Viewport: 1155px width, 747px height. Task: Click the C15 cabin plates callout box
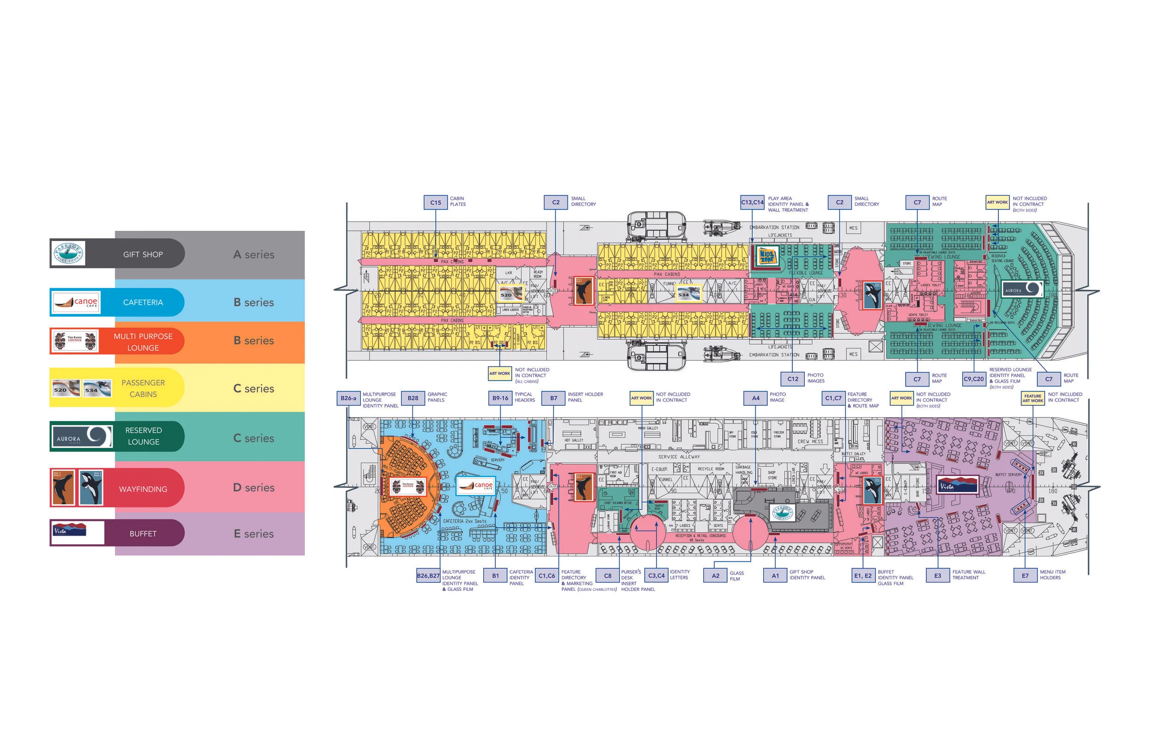pos(435,202)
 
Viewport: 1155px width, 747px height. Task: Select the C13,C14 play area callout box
pos(752,202)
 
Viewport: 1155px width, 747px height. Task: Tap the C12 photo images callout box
pos(792,379)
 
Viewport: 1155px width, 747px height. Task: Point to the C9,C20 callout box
pos(973,379)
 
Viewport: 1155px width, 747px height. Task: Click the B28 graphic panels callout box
pos(413,398)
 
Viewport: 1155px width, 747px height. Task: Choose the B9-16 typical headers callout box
pos(500,398)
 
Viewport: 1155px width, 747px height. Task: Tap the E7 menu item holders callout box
pos(1025,576)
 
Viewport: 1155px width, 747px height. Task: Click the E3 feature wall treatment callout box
pos(937,576)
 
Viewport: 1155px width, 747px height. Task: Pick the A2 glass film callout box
pos(715,576)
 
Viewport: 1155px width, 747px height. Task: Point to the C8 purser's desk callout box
pos(608,576)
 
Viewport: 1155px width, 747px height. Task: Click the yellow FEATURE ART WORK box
pos(1033,398)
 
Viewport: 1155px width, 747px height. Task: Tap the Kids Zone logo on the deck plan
pos(767,256)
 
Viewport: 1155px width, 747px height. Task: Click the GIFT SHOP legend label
pos(143,254)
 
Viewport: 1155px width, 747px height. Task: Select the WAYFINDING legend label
pos(143,489)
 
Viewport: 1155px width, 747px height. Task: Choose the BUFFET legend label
pos(143,534)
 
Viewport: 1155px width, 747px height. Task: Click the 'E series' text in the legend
pos(254,534)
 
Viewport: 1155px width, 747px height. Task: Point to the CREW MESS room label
pos(810,441)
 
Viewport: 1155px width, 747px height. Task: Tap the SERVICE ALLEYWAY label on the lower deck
pos(679,457)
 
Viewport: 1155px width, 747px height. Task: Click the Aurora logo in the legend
pos(81,437)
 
